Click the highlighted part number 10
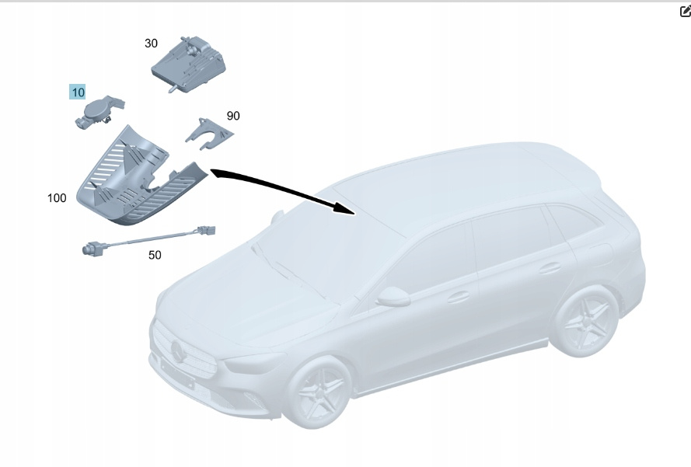pos(78,92)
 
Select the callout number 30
pos(151,44)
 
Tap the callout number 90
pos(233,116)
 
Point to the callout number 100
pos(57,198)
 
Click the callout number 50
pos(155,255)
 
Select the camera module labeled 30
pos(189,64)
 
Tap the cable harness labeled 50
pos(148,239)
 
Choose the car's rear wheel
pos(585,320)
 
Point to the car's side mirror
pos(393,297)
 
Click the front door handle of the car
pos(459,297)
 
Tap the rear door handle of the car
pos(550,267)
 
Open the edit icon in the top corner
pos(686,11)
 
